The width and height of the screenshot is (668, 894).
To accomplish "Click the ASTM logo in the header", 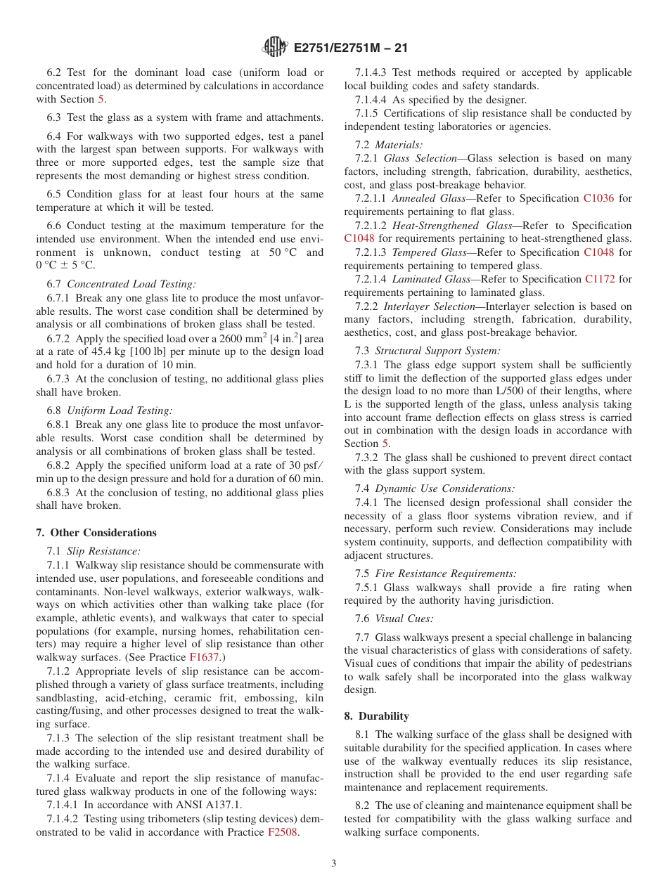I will point(274,48).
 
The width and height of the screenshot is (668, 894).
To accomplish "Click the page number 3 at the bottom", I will point(334,864).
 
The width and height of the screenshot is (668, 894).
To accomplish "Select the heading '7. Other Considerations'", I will point(96,533).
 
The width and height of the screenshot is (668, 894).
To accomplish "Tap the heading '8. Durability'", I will point(376,716).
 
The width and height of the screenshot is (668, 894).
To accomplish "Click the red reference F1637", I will point(205,657).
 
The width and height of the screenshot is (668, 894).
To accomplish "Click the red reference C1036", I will point(598,199).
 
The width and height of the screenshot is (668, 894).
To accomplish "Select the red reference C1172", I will point(600,279).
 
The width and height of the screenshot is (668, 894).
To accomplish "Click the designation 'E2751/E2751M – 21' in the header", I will point(350,48).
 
